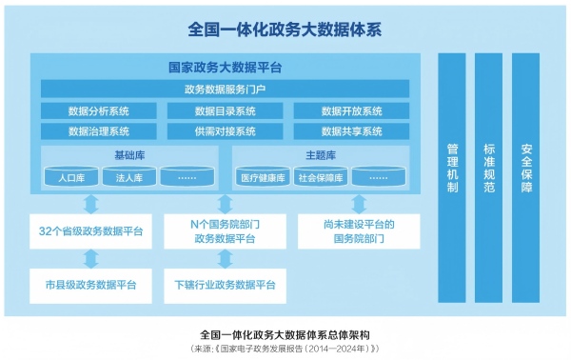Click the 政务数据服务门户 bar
point(225,90)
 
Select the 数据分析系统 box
point(98,110)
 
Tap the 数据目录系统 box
point(225,110)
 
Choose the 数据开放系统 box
point(351,110)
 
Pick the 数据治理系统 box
point(98,131)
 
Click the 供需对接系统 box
point(225,131)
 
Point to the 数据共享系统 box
point(351,131)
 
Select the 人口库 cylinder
point(72,177)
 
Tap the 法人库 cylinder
point(128,177)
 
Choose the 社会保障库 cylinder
point(320,177)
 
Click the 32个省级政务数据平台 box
point(90,231)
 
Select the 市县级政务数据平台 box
point(90,284)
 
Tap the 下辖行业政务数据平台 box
point(225,284)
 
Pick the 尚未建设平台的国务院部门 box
point(359,231)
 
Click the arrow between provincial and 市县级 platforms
point(90,258)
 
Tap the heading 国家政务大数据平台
point(225,68)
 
